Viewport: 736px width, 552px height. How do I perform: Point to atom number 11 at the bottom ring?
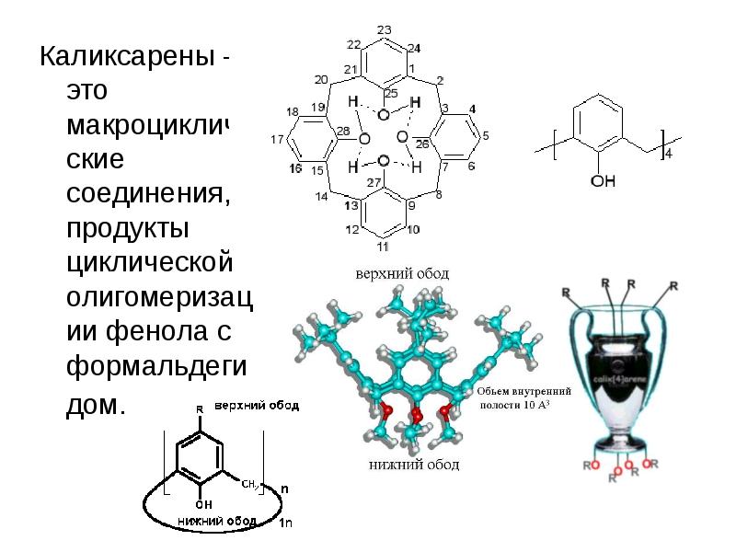(383, 247)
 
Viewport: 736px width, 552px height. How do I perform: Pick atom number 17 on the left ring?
(276, 140)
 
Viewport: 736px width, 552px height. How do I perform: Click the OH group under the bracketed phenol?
(603, 182)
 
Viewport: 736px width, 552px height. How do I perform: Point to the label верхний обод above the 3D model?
(403, 274)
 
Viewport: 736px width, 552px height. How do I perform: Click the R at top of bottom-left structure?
(200, 408)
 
